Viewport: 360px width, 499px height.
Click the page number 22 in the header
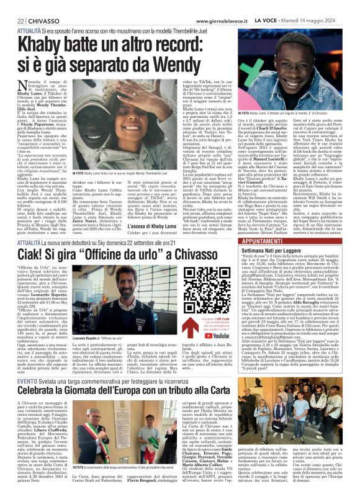(12, 5)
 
